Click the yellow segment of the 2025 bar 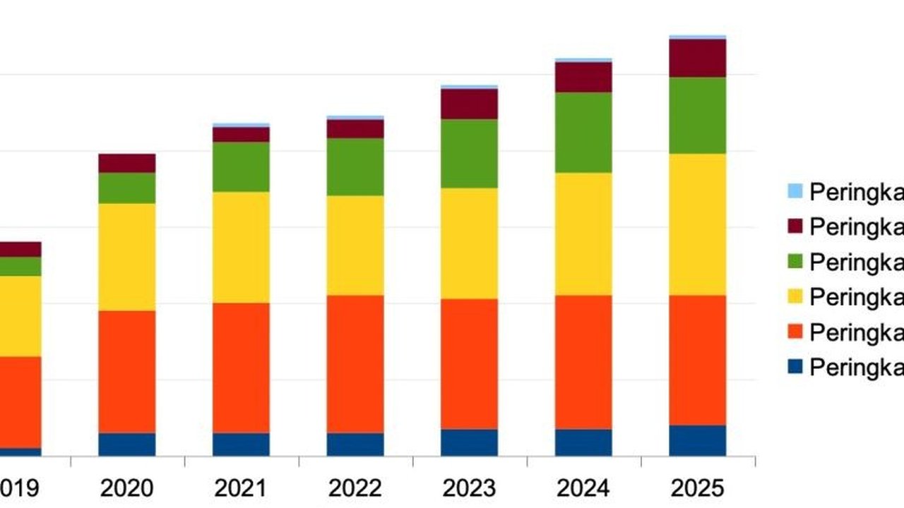[698, 224]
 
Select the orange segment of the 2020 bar [127, 372]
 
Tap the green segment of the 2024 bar [583, 133]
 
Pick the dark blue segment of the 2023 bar [470, 442]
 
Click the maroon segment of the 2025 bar [698, 58]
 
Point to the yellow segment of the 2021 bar [242, 247]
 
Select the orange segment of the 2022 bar [355, 364]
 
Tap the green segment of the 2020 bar [127, 188]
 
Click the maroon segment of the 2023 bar [470, 104]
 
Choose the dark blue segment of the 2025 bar [698, 440]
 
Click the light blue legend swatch [795, 190]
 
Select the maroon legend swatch [795, 226]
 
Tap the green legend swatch [795, 261]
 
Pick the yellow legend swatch [795, 296]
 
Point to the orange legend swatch [795, 332]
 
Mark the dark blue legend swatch [795, 367]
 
